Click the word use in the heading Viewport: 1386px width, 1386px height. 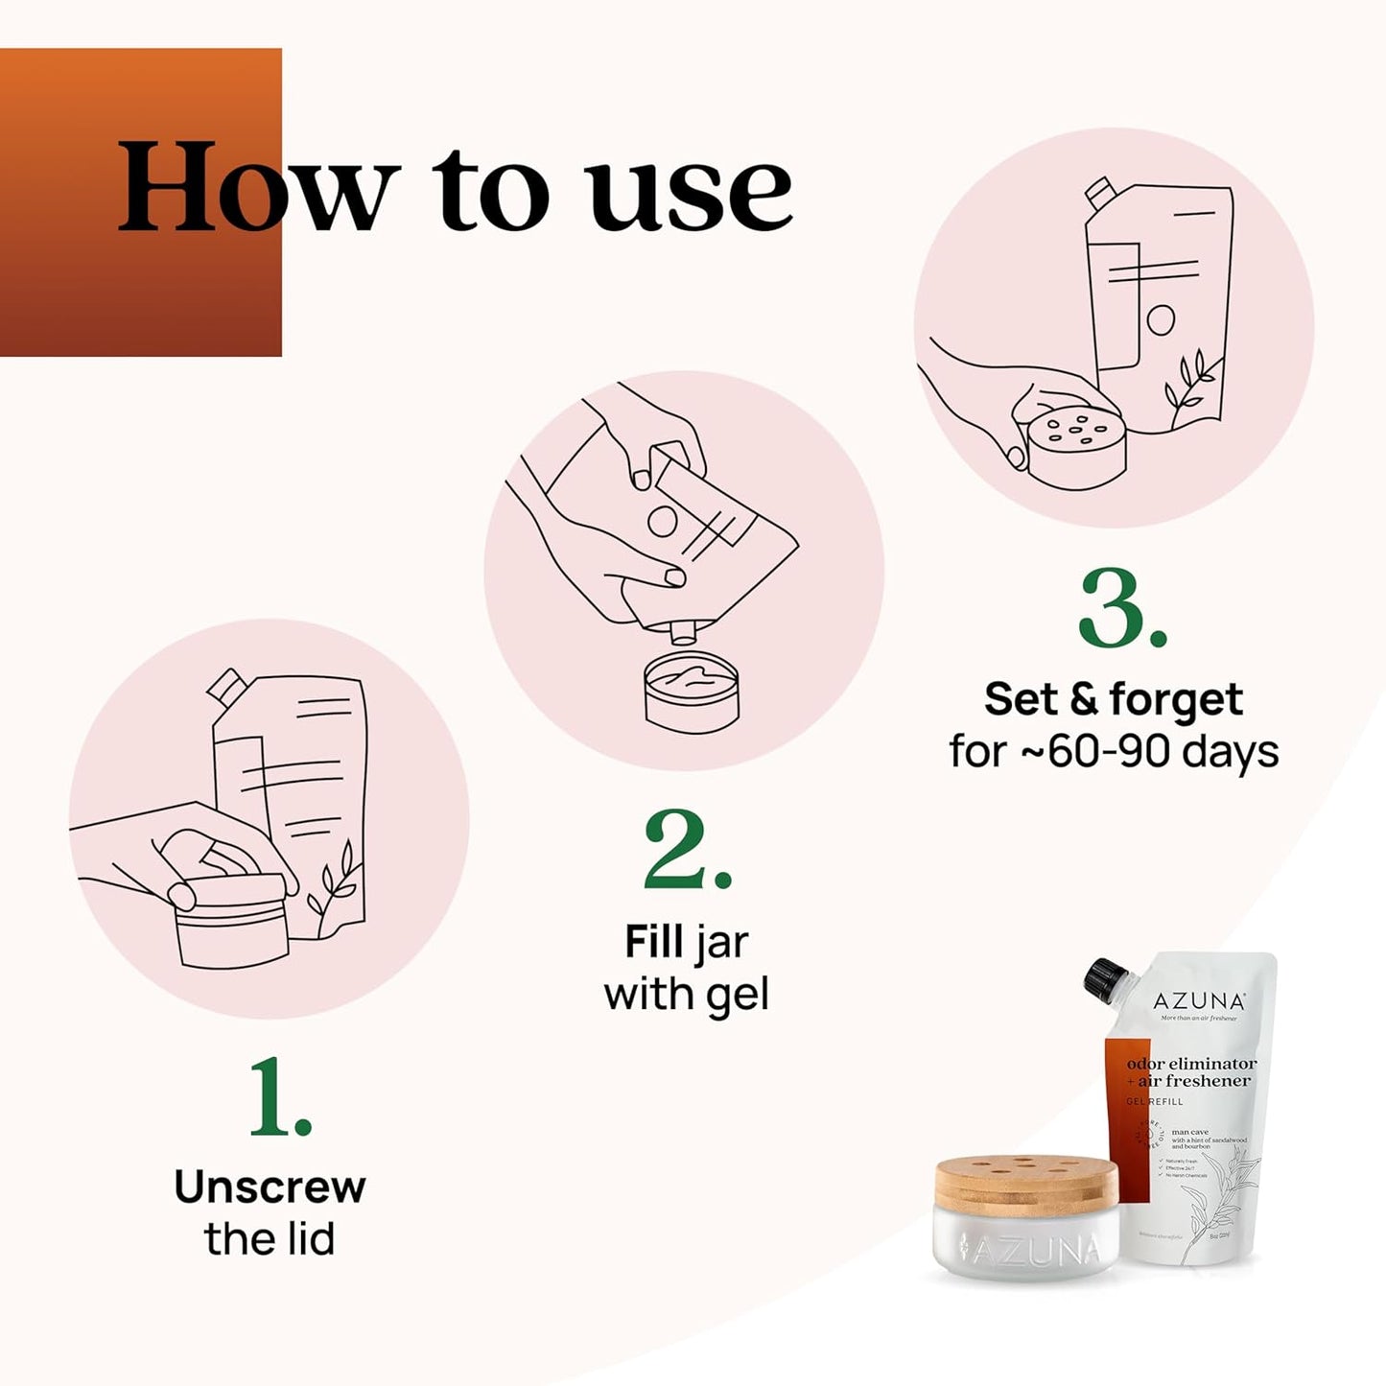coord(691,195)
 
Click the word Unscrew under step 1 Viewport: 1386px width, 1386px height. coord(270,1187)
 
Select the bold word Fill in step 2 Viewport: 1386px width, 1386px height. coord(654,942)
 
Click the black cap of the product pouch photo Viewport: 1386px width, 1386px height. coord(1104,977)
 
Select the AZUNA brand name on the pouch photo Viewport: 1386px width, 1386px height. coord(1199,1002)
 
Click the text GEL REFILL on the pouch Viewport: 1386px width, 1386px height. coord(1155,1102)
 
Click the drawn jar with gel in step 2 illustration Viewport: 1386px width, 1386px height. coord(692,691)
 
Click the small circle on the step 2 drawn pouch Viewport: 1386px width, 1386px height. coord(662,521)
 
